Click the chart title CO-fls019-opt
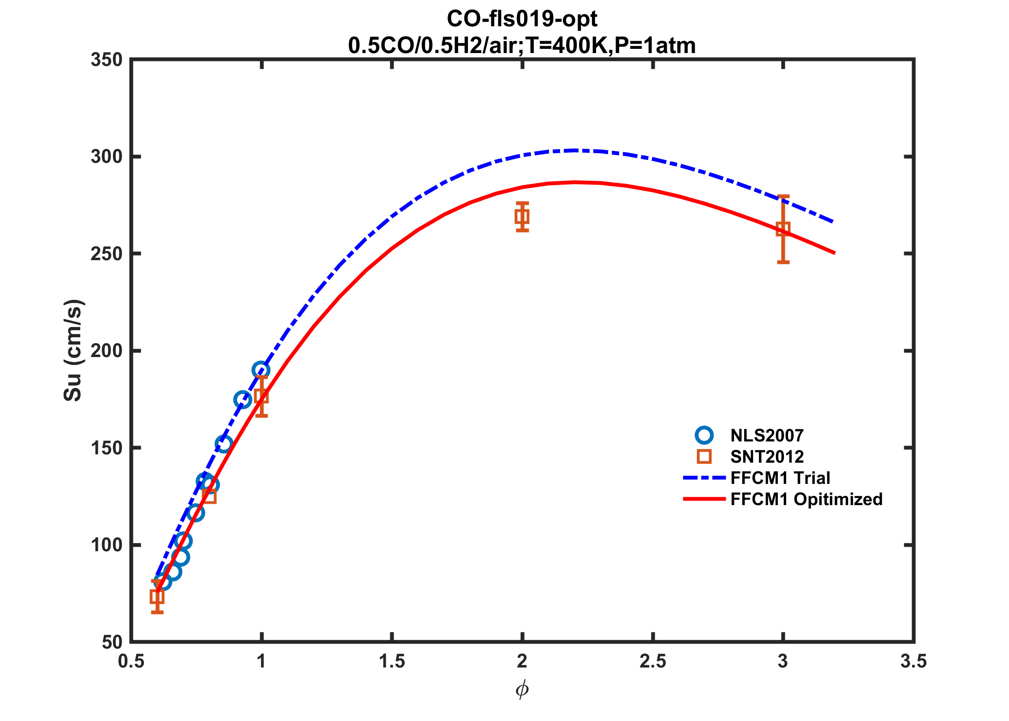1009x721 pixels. (522, 19)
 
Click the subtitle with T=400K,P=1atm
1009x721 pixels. (522, 46)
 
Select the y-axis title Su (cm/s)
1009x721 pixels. (73, 350)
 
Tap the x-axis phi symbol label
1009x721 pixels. (522, 690)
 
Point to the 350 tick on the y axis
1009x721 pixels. (107, 60)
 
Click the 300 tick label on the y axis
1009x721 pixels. (107, 157)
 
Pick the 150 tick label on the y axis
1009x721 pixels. (107, 448)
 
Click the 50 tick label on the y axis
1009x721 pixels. (112, 642)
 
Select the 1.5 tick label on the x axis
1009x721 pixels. (392, 661)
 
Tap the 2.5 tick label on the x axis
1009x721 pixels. (653, 661)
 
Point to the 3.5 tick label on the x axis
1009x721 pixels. (913, 661)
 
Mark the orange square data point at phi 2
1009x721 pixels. (522, 216)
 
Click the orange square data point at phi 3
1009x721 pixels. (783, 229)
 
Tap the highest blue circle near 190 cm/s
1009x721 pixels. (261, 370)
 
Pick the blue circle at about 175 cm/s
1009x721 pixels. (243, 399)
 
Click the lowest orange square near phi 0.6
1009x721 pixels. (157, 597)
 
